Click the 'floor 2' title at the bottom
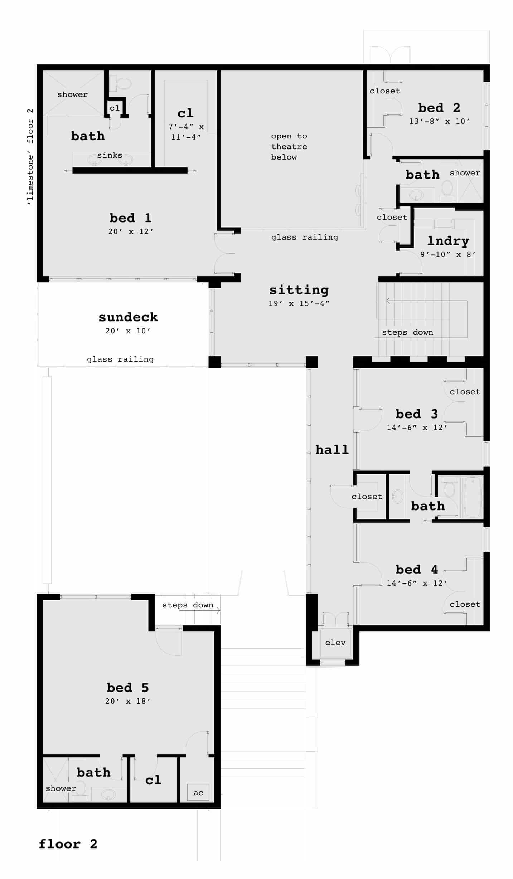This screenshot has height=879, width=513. pos(68,844)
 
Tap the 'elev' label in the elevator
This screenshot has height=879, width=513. pos(335,643)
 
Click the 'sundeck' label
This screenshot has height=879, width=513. pos(128,317)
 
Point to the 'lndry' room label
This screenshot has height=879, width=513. pos(448,241)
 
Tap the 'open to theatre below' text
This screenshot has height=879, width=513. pos(289,146)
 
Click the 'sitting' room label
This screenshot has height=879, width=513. pos(299,290)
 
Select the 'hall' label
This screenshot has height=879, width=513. pos(332,450)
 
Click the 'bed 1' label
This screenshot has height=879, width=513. pos(130,218)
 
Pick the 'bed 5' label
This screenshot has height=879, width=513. pos(127,688)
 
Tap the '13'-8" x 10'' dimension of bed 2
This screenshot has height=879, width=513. pos(439,121)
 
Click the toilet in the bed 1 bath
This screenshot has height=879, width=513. pos(123,84)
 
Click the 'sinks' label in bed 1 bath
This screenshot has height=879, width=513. pos(110,155)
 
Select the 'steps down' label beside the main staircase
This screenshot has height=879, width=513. pos(407,332)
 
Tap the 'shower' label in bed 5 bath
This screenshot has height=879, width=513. pos(61,788)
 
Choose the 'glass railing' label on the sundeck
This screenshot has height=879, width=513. pos(120,359)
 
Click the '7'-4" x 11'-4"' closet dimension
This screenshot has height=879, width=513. pos(186,131)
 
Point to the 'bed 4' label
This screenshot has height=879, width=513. pos(417,569)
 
